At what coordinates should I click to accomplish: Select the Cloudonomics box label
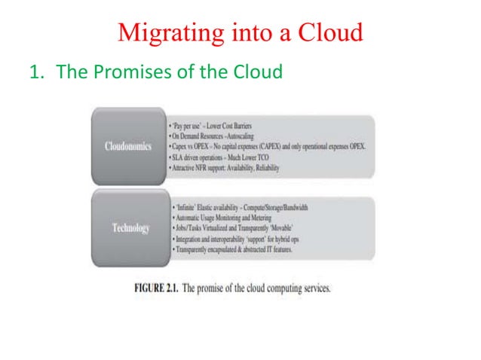(128, 145)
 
